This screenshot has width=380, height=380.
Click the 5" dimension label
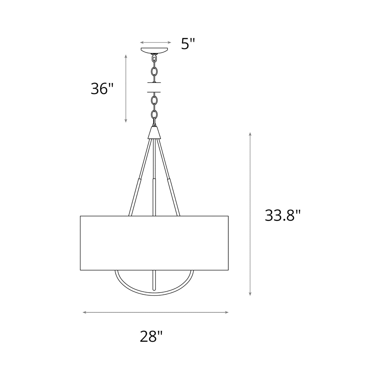pos(188,44)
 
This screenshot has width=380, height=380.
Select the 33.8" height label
pos(282,216)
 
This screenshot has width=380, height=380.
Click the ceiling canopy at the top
pos(154,50)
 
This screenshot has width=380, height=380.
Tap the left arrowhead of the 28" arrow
pos(84,312)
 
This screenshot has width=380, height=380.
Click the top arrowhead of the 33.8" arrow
pos(250,134)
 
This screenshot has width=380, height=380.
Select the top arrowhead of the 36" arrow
pos(126,56)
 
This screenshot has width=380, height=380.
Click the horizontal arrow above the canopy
pos(155,42)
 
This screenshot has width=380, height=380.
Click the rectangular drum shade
pos(154,243)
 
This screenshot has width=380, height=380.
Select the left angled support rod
pos(139,179)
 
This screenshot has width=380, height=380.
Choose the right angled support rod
pos(169,179)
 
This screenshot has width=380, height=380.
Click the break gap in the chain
pos(154,87)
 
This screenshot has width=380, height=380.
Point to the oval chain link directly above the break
pos(154,71)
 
